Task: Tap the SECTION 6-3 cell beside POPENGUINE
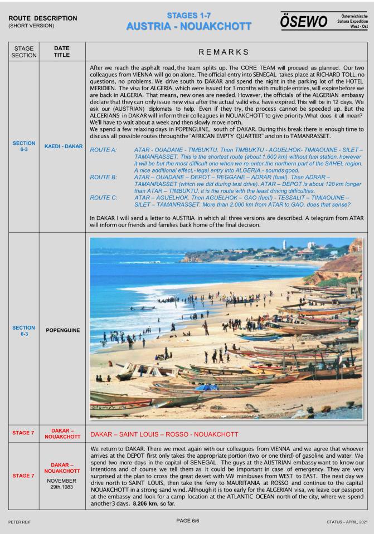click(19, 330)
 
